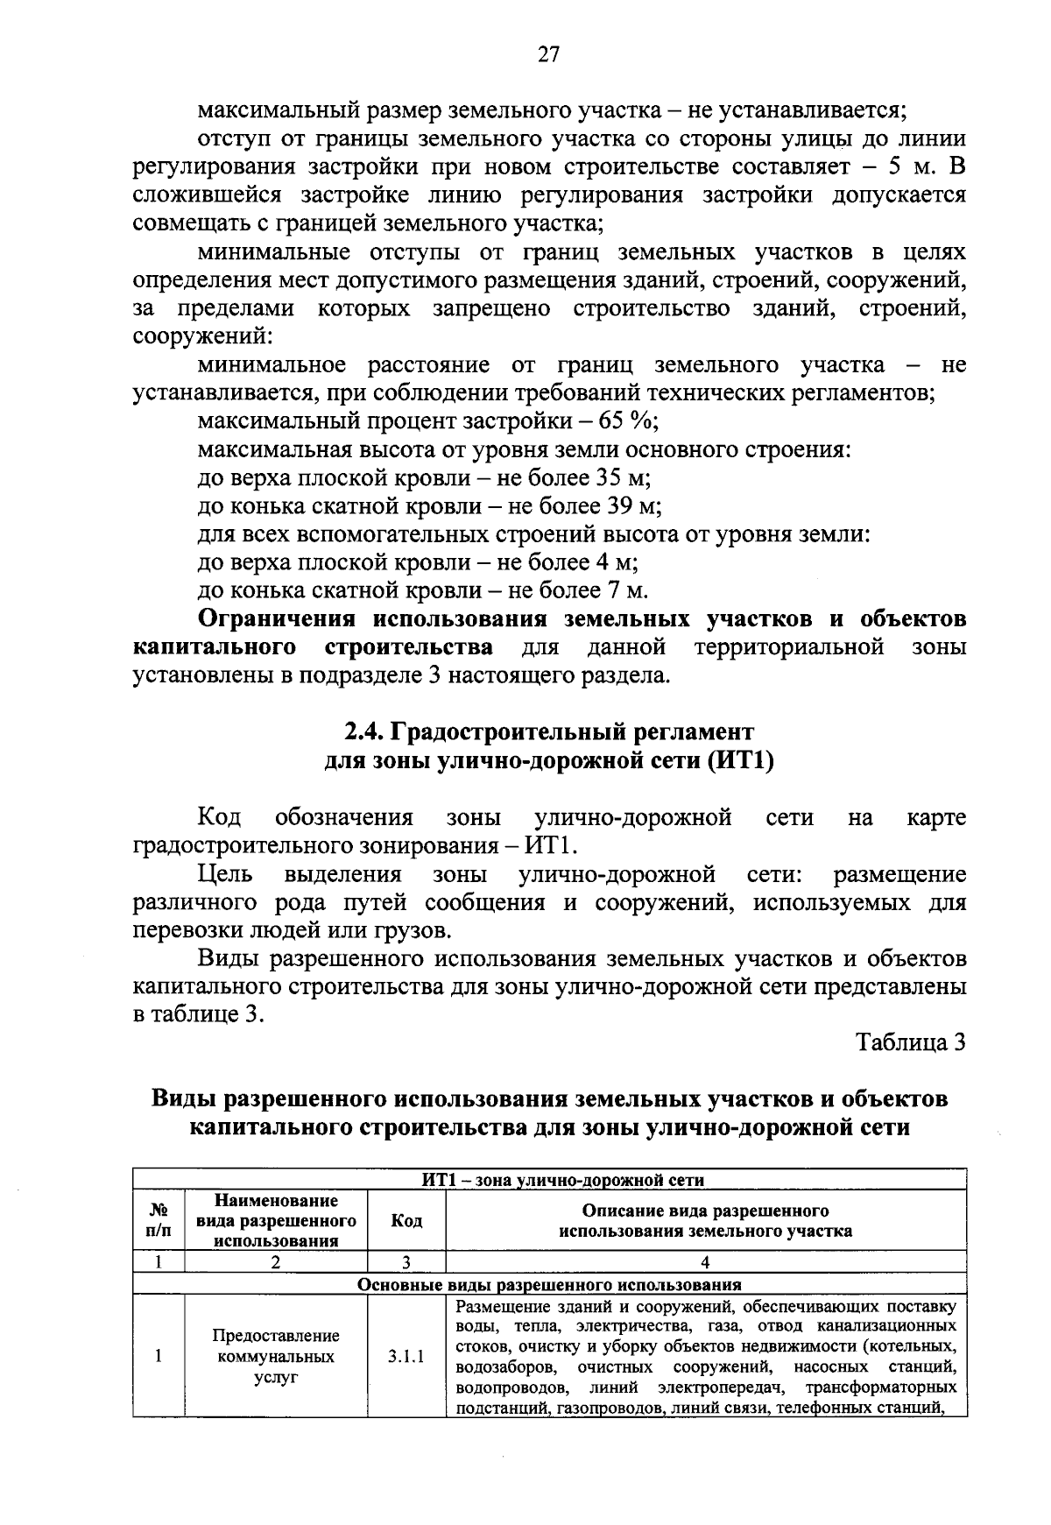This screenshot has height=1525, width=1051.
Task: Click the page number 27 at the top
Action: click(547, 55)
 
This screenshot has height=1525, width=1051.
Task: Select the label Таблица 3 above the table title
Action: click(911, 1042)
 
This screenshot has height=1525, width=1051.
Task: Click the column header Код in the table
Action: click(406, 1220)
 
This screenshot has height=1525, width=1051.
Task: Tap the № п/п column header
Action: click(159, 1220)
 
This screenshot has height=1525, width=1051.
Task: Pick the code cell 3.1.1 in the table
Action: click(406, 1358)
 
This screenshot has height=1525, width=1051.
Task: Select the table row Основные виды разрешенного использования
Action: click(549, 1285)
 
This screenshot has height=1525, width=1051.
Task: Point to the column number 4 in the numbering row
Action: click(705, 1262)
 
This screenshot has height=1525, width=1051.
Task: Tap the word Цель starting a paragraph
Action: click(225, 874)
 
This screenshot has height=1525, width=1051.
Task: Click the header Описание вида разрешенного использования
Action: click(705, 1221)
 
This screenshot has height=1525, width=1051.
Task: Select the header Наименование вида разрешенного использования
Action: click(276, 1220)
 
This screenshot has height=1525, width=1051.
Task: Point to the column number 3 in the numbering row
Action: click(406, 1262)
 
